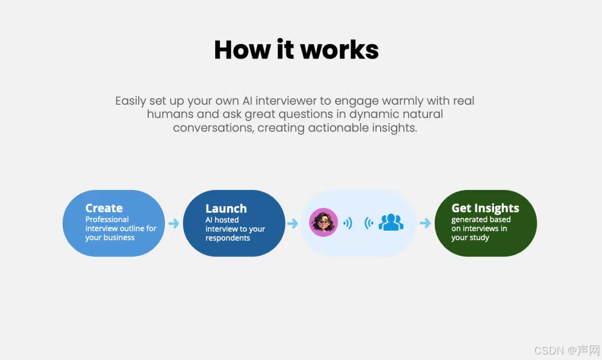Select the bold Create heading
(104, 208)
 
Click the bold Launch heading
(226, 208)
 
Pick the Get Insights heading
(485, 208)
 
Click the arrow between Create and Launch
(174, 223)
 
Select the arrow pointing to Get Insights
(425, 223)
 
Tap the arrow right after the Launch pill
(293, 223)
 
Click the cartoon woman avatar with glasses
(323, 222)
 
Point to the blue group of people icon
(391, 222)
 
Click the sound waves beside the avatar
(348, 223)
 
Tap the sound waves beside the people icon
(368, 223)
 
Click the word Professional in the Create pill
(107, 220)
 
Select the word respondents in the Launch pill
(227, 238)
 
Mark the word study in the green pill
(479, 237)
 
